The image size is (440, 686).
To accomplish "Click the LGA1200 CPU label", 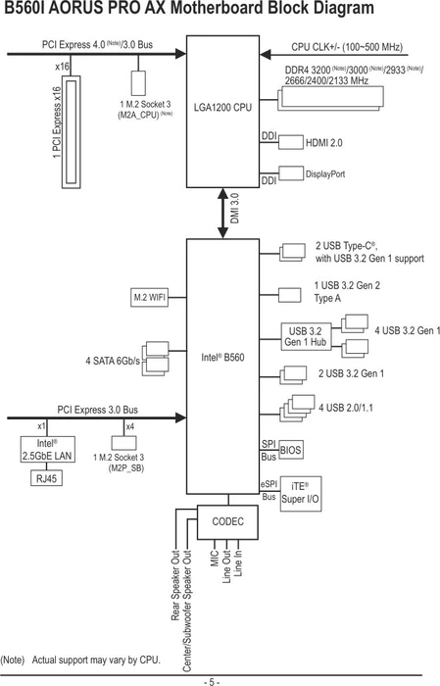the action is pyautogui.click(x=222, y=107).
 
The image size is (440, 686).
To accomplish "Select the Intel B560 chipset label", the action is pyautogui.click(x=222, y=358).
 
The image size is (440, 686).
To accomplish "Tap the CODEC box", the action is pyautogui.click(x=227, y=522).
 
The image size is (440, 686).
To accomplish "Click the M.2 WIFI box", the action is pyautogui.click(x=150, y=298).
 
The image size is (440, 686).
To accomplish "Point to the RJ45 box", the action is pyautogui.click(x=46, y=478).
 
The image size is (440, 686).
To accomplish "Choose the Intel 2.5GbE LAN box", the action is pyautogui.click(x=48, y=449).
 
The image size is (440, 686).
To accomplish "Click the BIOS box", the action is pyautogui.click(x=290, y=450).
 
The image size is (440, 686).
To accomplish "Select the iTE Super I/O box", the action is pyautogui.click(x=301, y=494).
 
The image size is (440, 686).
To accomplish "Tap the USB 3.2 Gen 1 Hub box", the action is pyautogui.click(x=306, y=337).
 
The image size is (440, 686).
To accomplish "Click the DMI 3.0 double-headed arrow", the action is pyautogui.click(x=223, y=213).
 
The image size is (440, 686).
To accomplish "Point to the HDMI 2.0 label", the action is pyautogui.click(x=324, y=143).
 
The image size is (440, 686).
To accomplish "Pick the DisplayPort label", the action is pyautogui.click(x=325, y=174).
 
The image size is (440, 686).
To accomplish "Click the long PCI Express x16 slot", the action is pyautogui.click(x=71, y=132).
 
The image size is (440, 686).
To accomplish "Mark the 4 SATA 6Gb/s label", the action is pyautogui.click(x=113, y=362).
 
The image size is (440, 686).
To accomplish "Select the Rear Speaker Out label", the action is pyautogui.click(x=175, y=585).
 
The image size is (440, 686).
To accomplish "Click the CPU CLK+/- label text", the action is pyautogui.click(x=347, y=47).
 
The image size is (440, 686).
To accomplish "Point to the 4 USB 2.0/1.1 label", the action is pyautogui.click(x=346, y=408).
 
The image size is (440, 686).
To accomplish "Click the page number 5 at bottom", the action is pyautogui.click(x=212, y=682).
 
